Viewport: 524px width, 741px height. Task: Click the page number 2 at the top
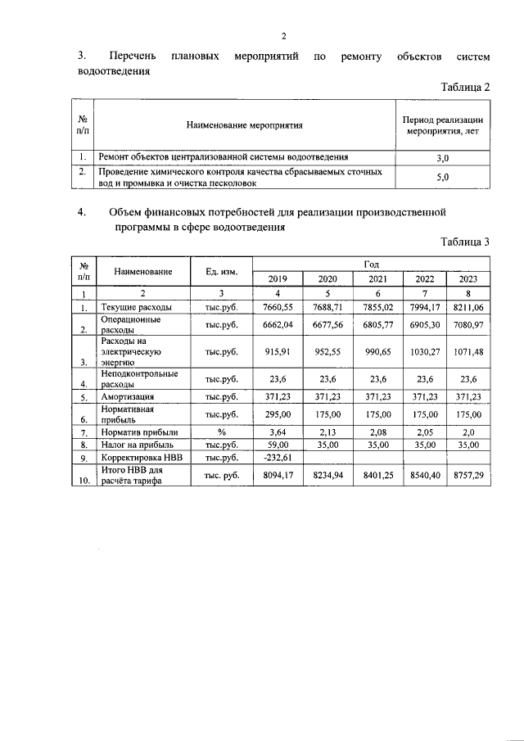(x=283, y=36)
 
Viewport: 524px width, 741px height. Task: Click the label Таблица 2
(x=465, y=88)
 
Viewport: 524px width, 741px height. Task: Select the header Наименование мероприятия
(x=245, y=126)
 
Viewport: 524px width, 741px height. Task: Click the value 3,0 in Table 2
(x=443, y=157)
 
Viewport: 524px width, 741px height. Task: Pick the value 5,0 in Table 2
(x=443, y=176)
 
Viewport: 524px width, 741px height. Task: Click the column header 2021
(x=377, y=278)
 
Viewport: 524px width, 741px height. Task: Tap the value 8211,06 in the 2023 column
(x=469, y=307)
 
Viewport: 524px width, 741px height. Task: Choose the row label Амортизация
(x=127, y=397)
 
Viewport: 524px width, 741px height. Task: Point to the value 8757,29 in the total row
(x=469, y=476)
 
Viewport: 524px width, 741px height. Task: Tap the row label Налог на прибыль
(x=136, y=445)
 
